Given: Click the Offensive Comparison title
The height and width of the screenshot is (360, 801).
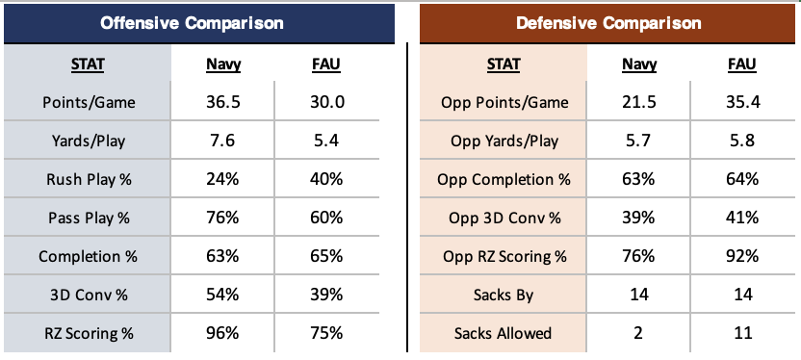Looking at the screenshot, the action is pyautogui.click(x=192, y=23).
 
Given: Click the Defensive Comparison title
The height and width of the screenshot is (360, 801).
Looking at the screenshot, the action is pyautogui.click(x=608, y=23).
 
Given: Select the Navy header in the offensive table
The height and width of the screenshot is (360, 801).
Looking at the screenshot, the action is pyautogui.click(x=222, y=64).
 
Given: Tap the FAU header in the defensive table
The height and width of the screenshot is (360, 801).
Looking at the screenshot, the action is pyautogui.click(x=741, y=64).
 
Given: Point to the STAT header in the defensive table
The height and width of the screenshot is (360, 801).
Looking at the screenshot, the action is pyautogui.click(x=504, y=64).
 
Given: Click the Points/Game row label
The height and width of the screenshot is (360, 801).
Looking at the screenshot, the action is pyautogui.click(x=89, y=102).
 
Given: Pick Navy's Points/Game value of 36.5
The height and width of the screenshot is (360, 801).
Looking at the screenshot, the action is pyautogui.click(x=222, y=102).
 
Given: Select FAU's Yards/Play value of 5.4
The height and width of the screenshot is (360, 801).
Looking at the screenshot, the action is pyautogui.click(x=325, y=140).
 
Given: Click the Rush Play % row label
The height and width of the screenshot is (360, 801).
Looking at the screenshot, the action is pyautogui.click(x=88, y=179).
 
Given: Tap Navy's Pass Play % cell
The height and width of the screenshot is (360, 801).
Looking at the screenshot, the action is pyautogui.click(x=222, y=217).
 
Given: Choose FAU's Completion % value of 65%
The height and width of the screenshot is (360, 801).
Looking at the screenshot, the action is pyautogui.click(x=325, y=255).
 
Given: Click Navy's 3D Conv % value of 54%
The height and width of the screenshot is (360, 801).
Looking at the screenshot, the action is pyautogui.click(x=222, y=295).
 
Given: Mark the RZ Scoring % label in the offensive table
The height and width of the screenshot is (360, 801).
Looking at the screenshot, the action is pyautogui.click(x=89, y=333).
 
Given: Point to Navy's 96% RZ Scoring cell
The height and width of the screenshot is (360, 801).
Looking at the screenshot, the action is pyautogui.click(x=222, y=333).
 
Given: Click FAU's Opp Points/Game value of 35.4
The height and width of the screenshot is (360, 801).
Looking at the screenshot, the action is pyautogui.click(x=741, y=102).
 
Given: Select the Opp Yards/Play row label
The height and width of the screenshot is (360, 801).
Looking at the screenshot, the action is pyautogui.click(x=504, y=141).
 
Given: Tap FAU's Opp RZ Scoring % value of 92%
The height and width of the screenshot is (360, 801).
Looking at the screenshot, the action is pyautogui.click(x=741, y=255).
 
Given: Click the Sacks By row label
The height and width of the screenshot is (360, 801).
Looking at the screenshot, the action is pyautogui.click(x=504, y=295).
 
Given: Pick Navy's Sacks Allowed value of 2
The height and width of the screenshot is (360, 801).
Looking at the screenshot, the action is pyautogui.click(x=638, y=333).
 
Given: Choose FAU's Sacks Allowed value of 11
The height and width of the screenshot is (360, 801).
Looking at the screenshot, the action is pyautogui.click(x=741, y=333).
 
